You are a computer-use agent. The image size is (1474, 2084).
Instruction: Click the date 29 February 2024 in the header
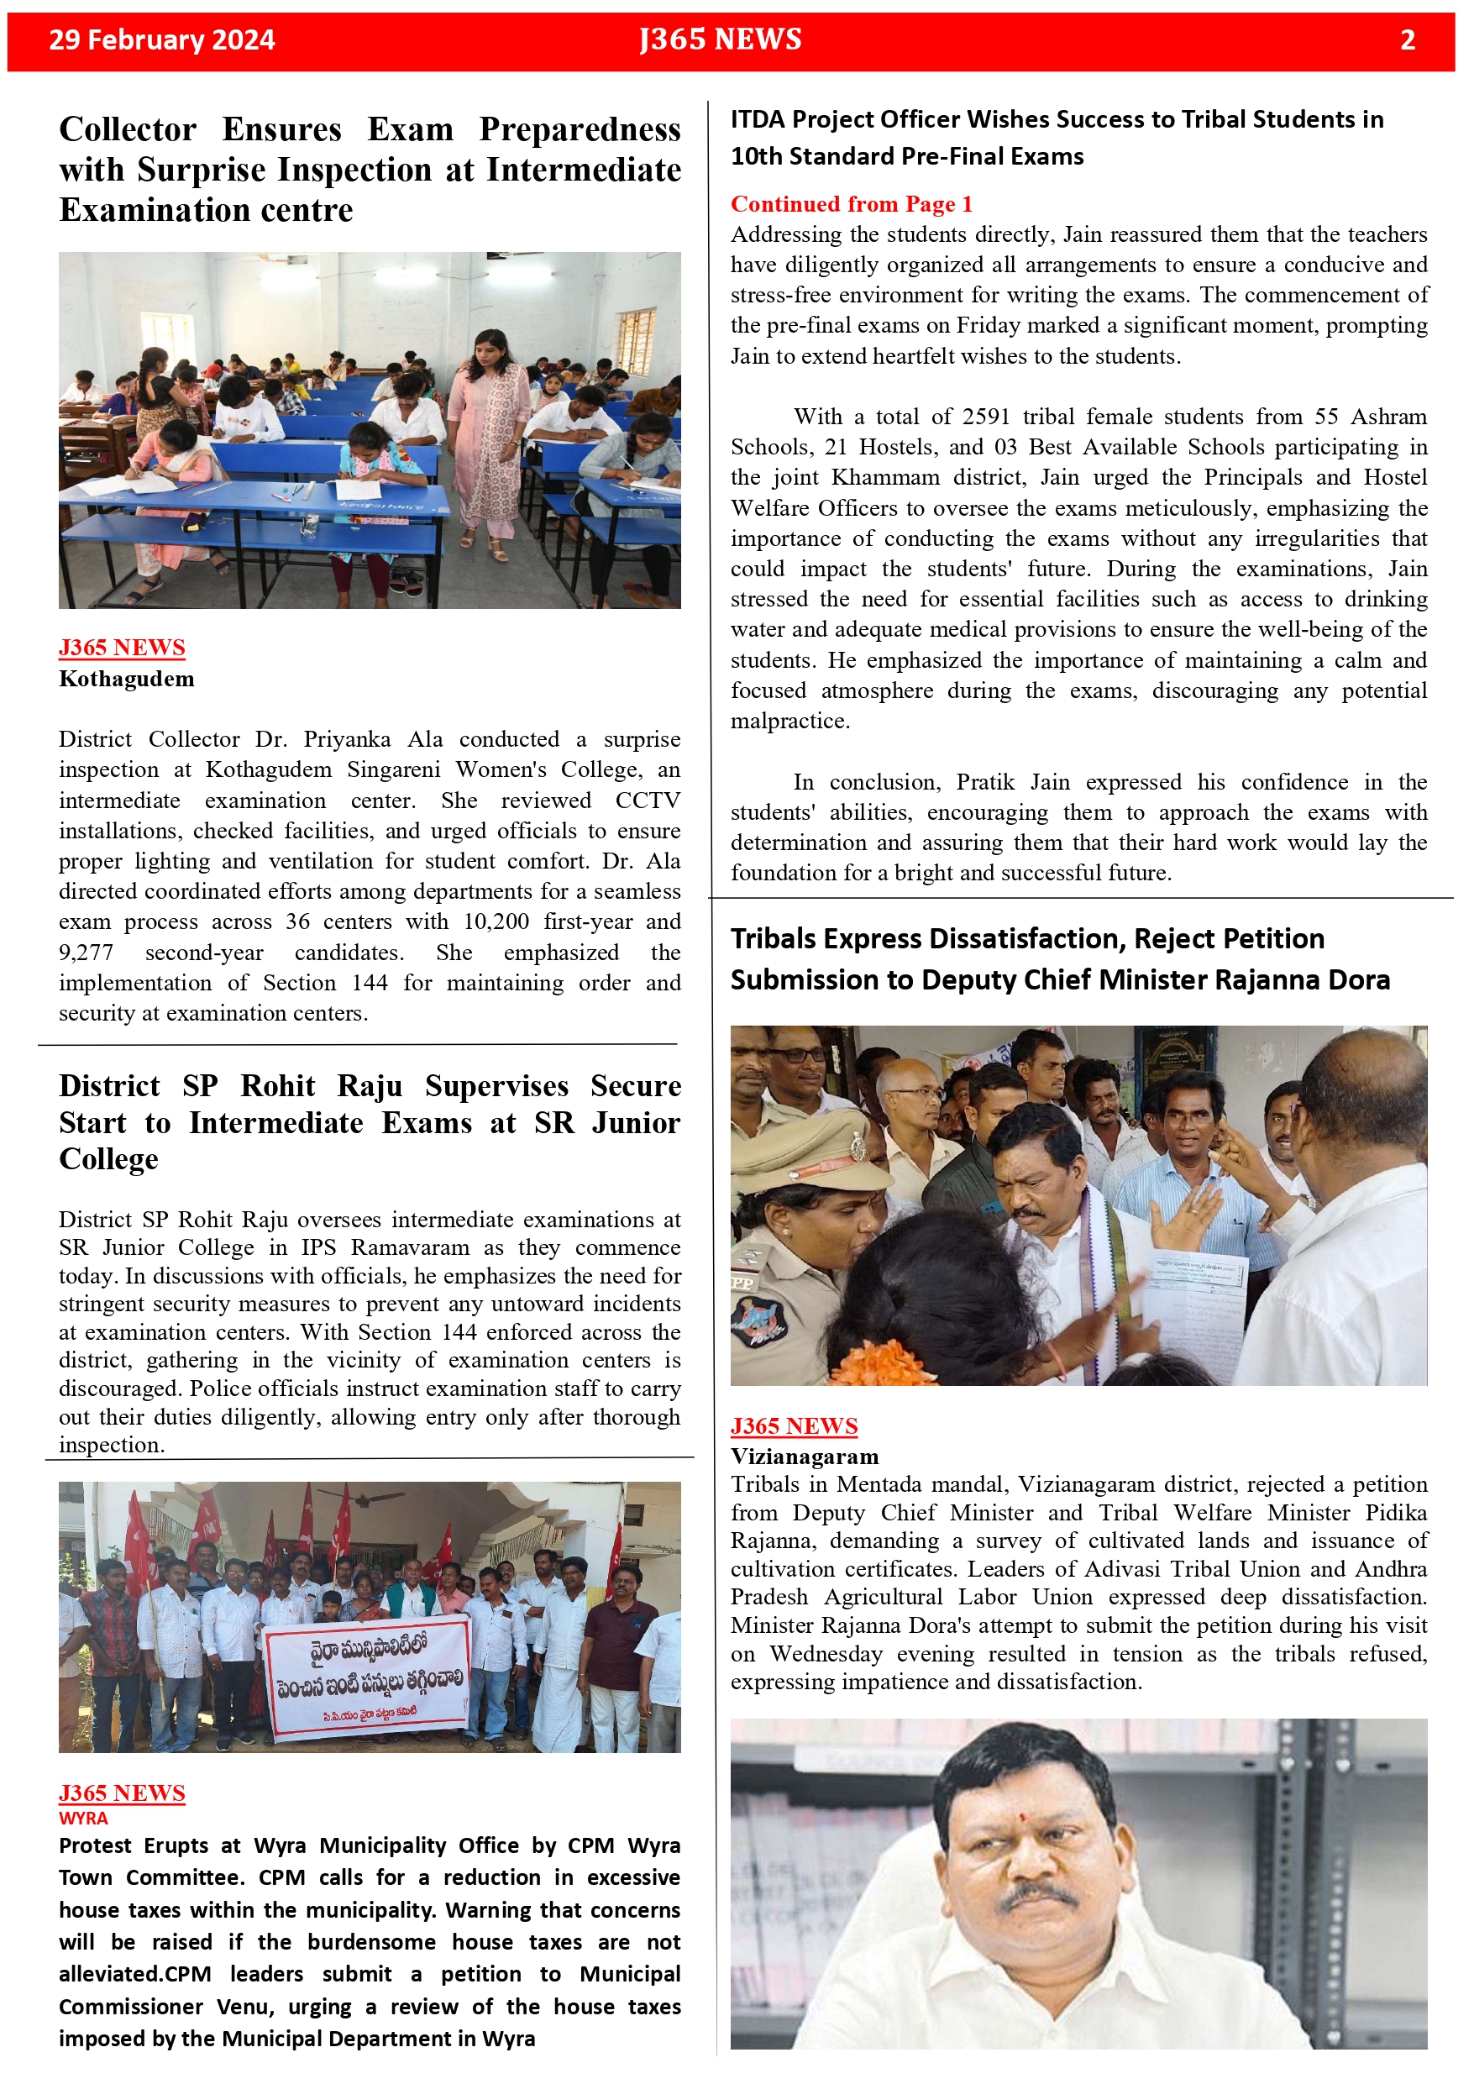[x=161, y=40]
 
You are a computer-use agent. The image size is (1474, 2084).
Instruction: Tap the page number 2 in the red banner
[x=1407, y=40]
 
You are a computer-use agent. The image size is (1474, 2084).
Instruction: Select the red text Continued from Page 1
[x=851, y=204]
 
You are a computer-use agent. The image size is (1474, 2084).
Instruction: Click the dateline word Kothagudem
[x=126, y=679]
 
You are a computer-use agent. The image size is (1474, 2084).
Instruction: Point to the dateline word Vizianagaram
[x=804, y=1457]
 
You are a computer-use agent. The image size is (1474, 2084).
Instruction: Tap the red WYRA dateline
[x=83, y=1818]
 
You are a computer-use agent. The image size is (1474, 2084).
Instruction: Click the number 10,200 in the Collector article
[x=496, y=922]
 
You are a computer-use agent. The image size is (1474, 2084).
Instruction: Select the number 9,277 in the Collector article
[x=87, y=953]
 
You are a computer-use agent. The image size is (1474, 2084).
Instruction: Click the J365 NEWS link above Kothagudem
[x=122, y=648]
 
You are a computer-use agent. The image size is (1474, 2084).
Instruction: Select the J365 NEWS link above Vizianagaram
[x=794, y=1427]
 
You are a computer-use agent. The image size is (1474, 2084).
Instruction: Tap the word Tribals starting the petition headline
[x=779, y=938]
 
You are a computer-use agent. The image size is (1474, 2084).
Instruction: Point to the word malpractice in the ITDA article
[x=788, y=722]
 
